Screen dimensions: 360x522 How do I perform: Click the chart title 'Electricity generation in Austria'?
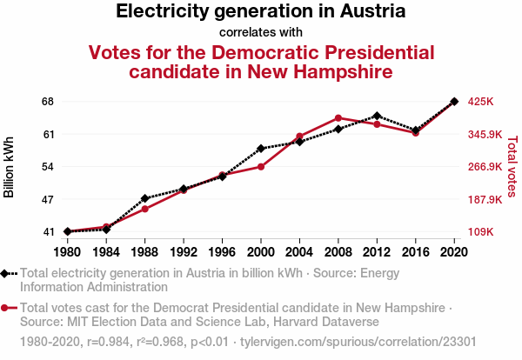click(x=260, y=12)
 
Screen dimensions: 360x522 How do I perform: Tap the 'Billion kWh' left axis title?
click(x=10, y=167)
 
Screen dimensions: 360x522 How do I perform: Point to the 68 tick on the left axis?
click(x=47, y=102)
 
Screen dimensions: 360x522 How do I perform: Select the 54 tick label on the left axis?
click(x=47, y=167)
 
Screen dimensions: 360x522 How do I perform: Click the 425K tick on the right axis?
click(x=481, y=102)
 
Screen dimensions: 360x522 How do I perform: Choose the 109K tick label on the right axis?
click(x=481, y=232)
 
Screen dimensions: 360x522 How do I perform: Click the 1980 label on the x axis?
click(x=67, y=252)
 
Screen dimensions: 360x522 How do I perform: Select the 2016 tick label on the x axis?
click(x=416, y=252)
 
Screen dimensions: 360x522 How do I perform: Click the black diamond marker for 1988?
click(x=144, y=198)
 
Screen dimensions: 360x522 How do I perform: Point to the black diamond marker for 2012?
click(x=377, y=116)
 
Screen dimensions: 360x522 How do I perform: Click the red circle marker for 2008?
click(x=338, y=118)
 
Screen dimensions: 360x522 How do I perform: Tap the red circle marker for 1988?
click(x=144, y=209)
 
